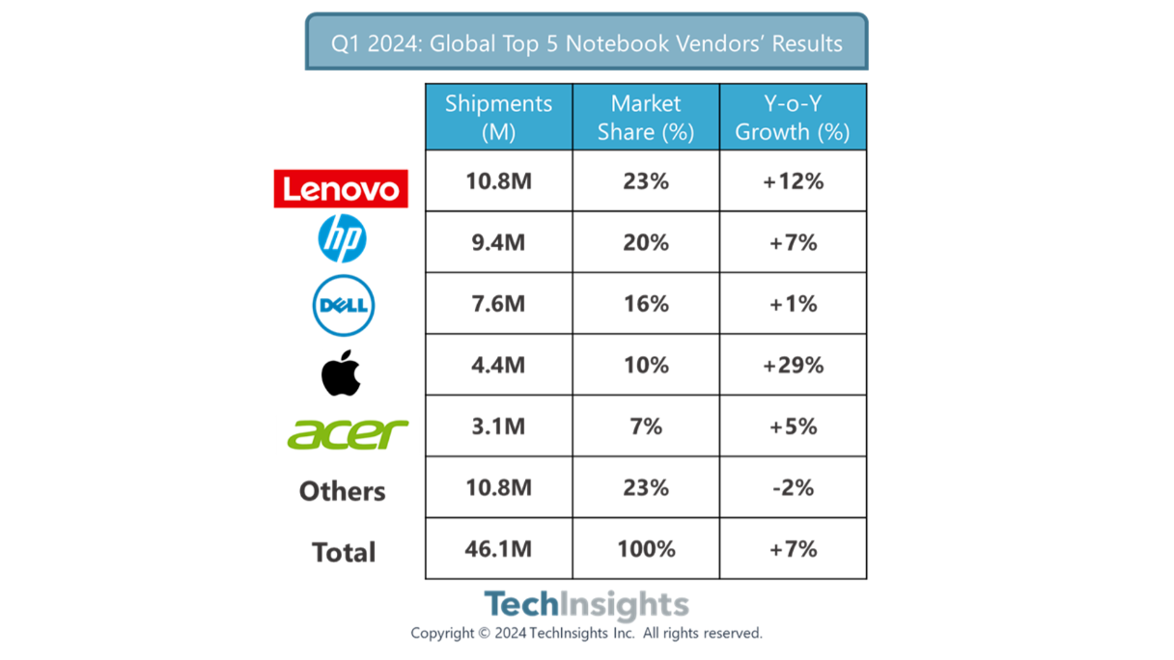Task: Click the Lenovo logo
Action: pos(341,188)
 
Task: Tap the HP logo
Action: pos(343,238)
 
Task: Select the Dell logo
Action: pos(343,305)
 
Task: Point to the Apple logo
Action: pos(342,372)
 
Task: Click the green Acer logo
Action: pos(348,433)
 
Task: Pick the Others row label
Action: pos(342,491)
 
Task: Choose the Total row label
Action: pos(344,552)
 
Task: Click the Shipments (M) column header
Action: pos(498,117)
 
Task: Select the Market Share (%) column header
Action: pos(646,117)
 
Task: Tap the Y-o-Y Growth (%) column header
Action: pos(793,117)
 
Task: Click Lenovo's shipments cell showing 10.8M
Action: pos(498,181)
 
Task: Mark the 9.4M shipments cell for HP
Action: pos(498,242)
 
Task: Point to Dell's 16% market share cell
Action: pos(646,304)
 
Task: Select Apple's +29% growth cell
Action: pos(793,365)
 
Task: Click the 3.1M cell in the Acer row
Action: pos(498,426)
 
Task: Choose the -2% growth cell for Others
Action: pos(793,487)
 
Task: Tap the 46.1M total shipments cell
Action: pos(498,549)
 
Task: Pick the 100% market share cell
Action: pos(646,549)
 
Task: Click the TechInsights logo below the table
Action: pos(586,605)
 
